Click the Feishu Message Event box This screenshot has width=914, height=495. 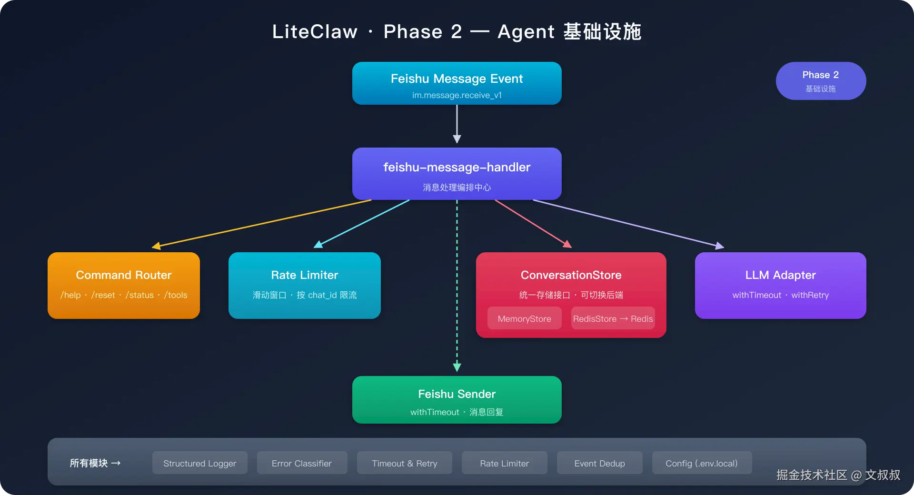coord(457,83)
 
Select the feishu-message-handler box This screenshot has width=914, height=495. coord(457,174)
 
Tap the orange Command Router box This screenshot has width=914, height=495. coord(124,286)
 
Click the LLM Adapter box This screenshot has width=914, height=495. coord(781,286)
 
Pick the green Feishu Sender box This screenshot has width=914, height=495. coord(457,400)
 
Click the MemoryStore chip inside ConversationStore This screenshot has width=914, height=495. coord(525,318)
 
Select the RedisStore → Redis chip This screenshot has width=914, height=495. coord(613,318)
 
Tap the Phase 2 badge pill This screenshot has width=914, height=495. coord(821,81)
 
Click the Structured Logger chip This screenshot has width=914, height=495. coord(200,463)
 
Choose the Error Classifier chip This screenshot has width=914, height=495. coord(302,463)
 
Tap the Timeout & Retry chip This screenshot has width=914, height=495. coord(405,463)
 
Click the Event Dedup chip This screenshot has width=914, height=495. coord(600,463)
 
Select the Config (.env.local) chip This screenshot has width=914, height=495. coord(702,463)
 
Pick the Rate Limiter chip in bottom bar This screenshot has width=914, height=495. coord(505,463)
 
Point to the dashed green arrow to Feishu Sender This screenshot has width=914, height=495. coord(457,286)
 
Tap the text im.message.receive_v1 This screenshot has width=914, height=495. coord(457,95)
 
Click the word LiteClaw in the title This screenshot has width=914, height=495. coord(315,31)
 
